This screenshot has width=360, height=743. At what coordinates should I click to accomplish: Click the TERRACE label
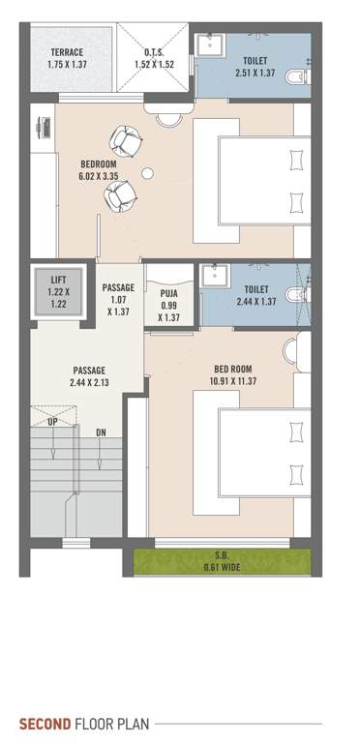[x=65, y=52]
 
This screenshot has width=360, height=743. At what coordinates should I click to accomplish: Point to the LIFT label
[x=59, y=281]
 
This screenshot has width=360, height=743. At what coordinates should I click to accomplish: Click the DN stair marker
[x=101, y=431]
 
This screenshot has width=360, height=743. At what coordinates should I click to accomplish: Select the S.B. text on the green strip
[x=222, y=555]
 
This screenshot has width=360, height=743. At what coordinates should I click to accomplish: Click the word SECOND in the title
[x=45, y=723]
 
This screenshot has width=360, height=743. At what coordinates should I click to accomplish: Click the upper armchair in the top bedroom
[x=126, y=141]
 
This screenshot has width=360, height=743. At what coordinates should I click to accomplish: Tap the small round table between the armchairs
[x=147, y=173]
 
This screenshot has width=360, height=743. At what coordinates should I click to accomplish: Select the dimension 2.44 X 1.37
[x=255, y=301]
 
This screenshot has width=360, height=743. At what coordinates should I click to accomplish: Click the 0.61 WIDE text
[x=222, y=566]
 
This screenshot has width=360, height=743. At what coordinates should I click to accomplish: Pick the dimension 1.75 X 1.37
[x=65, y=64]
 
